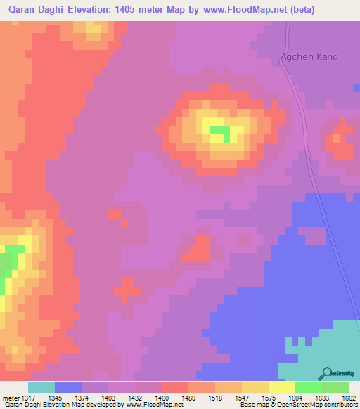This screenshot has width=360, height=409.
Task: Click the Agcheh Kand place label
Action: [x=309, y=56]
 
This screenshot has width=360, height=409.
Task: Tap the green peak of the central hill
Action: [x=219, y=131]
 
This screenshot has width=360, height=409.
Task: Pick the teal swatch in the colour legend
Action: [x=41, y=388]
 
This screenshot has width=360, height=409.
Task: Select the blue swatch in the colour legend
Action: [x=68, y=388]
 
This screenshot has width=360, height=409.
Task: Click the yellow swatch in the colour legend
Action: [x=281, y=388]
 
